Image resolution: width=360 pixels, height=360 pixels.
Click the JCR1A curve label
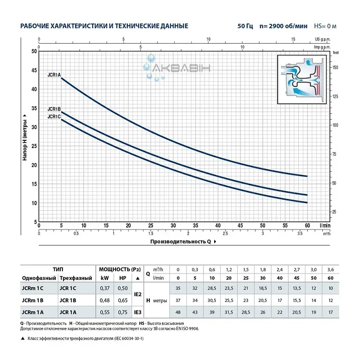(54, 75)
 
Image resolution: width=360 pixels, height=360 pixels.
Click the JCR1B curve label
(54, 109)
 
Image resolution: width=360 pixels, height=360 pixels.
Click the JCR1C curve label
(54, 117)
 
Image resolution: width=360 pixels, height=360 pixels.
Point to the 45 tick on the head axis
(34, 70)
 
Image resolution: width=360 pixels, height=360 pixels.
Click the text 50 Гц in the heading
(246, 26)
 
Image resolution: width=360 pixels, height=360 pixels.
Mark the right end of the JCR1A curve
(307, 176)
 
